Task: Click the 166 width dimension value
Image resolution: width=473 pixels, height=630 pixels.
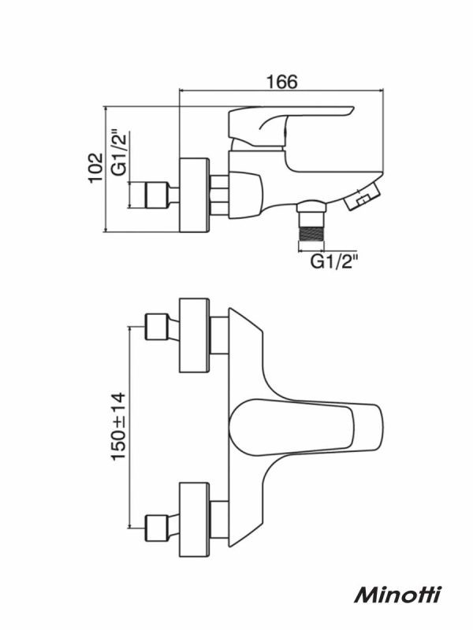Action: pyautogui.click(x=282, y=82)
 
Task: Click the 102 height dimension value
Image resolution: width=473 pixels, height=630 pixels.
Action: pyautogui.click(x=95, y=167)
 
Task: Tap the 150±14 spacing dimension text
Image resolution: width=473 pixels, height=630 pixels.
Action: pyautogui.click(x=119, y=426)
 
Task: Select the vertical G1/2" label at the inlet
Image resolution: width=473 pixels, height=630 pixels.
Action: pyautogui.click(x=120, y=153)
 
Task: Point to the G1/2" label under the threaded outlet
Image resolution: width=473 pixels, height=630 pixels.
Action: pyautogui.click(x=334, y=262)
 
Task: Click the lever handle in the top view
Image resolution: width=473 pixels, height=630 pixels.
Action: pyautogui.click(x=306, y=427)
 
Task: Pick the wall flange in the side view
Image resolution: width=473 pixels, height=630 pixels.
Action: pyautogui.click(x=194, y=195)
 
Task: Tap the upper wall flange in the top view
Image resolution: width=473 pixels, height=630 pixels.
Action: pyautogui.click(x=194, y=335)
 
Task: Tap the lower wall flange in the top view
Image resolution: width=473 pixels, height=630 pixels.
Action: pyautogui.click(x=194, y=519)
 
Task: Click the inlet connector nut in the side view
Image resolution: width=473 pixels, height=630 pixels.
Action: pyautogui.click(x=156, y=195)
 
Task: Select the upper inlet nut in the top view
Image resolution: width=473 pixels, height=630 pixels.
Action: pyautogui.click(x=156, y=326)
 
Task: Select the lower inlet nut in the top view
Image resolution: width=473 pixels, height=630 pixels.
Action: pyautogui.click(x=156, y=527)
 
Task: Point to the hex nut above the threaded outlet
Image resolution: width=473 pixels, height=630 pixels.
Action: pyautogui.click(x=311, y=206)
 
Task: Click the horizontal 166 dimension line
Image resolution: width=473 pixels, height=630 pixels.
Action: pyautogui.click(x=281, y=91)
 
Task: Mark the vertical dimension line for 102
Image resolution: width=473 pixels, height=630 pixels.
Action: pyautogui.click(x=106, y=169)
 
